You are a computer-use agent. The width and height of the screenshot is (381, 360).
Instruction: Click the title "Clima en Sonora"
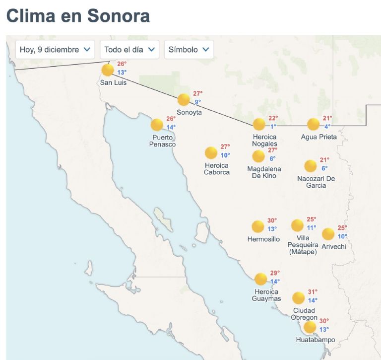[x=78, y=16]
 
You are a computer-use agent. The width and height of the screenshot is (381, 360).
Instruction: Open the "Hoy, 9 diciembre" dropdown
[x=55, y=50]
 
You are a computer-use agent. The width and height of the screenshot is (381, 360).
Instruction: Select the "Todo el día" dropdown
[x=129, y=50]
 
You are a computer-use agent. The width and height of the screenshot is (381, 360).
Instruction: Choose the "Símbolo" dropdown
[x=189, y=50]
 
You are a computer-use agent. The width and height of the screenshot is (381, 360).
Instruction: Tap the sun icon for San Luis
[x=108, y=70]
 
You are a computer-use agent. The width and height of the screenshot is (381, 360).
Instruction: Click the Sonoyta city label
[x=190, y=112]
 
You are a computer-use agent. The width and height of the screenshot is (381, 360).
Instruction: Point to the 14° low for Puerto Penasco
[x=171, y=127]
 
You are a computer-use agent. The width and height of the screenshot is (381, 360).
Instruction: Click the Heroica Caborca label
[x=217, y=169]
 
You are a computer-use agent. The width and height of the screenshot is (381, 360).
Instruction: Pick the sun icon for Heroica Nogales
[x=259, y=125]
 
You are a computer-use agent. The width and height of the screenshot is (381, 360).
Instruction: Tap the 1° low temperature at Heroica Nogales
[x=273, y=127]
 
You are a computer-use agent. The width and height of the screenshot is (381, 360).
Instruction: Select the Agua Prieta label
[x=319, y=137]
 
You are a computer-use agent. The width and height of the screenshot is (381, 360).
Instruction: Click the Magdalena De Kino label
[x=264, y=172]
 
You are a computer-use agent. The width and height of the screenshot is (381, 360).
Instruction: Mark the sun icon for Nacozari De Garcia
[x=311, y=166]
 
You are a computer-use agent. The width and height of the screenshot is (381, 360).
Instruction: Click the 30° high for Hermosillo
[x=272, y=220]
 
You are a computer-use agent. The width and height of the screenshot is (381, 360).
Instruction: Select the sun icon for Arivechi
[x=328, y=234]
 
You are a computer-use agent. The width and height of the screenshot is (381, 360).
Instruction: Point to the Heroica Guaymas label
[x=266, y=295]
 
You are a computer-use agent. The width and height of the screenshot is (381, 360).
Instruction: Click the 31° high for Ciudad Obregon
[x=313, y=292]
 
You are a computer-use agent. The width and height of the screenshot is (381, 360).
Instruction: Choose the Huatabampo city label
[x=315, y=340]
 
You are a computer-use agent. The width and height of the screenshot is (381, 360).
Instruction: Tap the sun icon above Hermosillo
[x=257, y=227]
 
